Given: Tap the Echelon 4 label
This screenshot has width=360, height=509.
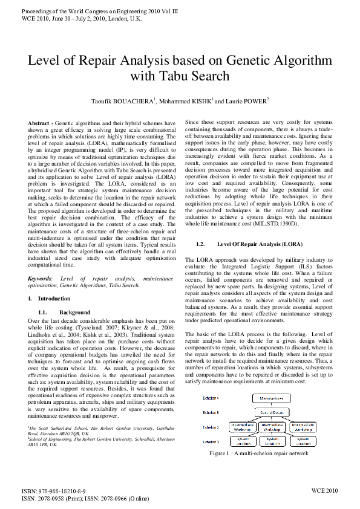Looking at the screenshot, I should coord(211,400).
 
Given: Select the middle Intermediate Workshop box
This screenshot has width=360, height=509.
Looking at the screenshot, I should coord(273,427).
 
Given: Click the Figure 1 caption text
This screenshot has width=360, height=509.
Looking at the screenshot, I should coord(258,453).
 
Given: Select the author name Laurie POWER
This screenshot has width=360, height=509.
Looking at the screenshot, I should coord(247,101).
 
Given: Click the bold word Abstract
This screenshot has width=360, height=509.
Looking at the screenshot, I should coord(39,123).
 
